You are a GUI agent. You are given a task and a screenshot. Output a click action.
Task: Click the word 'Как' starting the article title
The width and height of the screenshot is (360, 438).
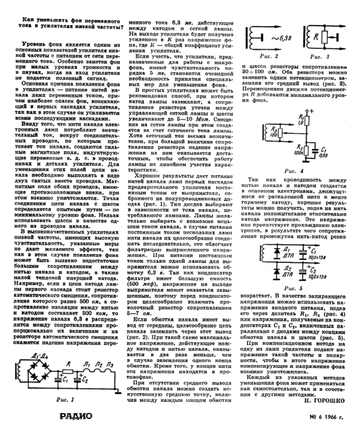click(32, 22)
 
